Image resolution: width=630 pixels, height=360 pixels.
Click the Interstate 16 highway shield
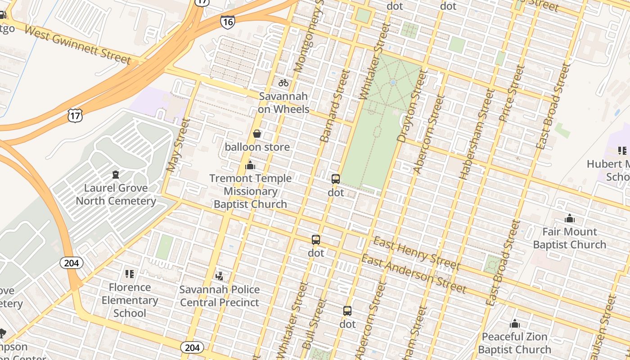228,21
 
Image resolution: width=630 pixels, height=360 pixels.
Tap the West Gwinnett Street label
77,45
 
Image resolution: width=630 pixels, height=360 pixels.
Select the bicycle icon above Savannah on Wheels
283,83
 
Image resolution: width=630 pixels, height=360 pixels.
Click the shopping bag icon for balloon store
257,134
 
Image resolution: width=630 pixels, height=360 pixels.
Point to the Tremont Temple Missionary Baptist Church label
250,191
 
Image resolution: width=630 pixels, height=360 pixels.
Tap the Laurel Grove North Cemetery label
116,194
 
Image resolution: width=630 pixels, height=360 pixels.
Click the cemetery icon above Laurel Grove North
116,174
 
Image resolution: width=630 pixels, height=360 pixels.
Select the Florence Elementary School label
130,300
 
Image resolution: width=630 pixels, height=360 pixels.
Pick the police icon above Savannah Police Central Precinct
220,275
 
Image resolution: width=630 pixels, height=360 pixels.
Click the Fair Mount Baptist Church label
570,238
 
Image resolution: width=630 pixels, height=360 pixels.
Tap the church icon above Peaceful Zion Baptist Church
515,324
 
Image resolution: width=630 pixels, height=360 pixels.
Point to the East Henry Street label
416,253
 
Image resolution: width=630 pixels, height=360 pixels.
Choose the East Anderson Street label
414,273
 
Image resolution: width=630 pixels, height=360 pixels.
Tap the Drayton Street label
411,106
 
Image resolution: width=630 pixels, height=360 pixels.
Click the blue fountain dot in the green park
393,83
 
